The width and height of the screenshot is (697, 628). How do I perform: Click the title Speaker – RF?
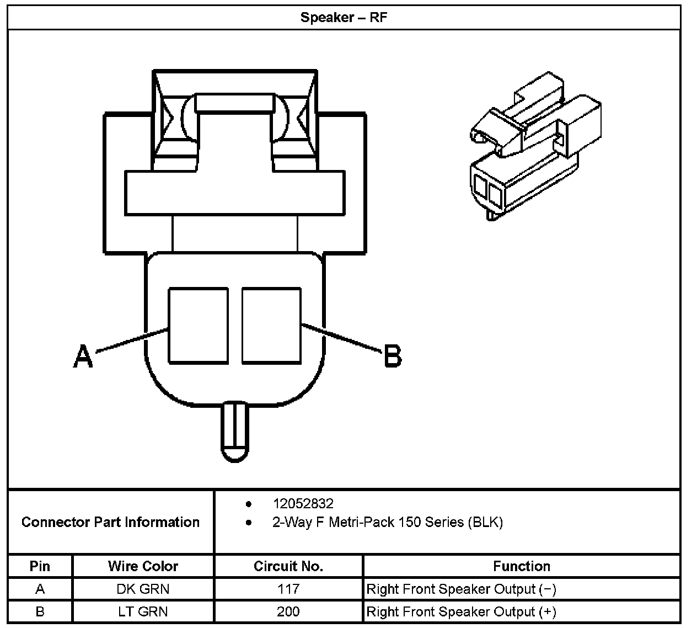tap(344, 17)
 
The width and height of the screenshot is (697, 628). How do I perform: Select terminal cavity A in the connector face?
tap(198, 325)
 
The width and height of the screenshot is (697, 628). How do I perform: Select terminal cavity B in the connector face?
tap(271, 325)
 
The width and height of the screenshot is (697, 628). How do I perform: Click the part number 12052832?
tap(303, 503)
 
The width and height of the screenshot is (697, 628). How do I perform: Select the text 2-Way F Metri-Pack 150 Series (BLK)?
tap(387, 522)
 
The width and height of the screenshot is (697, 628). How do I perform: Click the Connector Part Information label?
tap(110, 522)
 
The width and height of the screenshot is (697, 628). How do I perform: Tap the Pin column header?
tap(40, 566)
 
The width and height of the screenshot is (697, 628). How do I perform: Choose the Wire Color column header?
tap(143, 566)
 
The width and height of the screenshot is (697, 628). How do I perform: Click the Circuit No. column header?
tap(288, 566)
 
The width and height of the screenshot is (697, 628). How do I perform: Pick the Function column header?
tap(521, 566)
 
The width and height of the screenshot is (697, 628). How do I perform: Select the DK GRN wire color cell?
tap(143, 589)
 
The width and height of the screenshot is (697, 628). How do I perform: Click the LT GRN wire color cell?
tap(143, 611)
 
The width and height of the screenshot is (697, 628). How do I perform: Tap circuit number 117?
tap(288, 589)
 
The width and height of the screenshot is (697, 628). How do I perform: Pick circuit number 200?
tap(288, 611)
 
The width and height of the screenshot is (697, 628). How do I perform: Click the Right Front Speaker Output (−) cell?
tap(461, 589)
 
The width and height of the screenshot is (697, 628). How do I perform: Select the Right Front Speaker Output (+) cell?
tap(461, 611)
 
